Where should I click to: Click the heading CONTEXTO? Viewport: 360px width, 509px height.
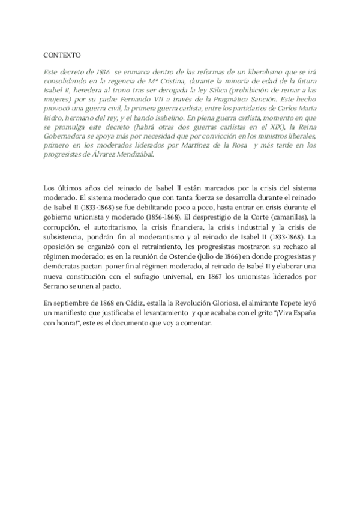[x=62, y=55]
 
